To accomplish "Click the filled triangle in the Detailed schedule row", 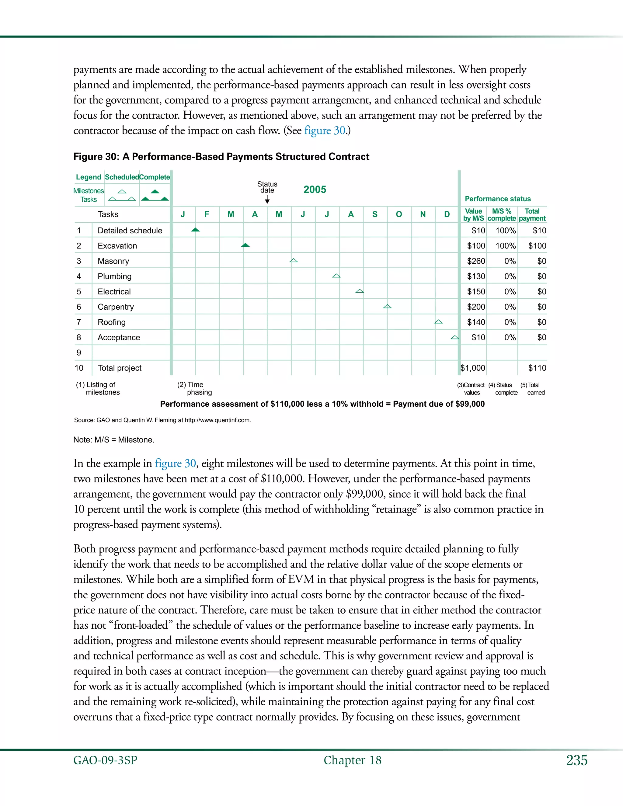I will [x=195, y=230].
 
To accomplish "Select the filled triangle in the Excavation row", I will [x=245, y=245].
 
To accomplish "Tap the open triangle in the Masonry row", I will [x=294, y=261].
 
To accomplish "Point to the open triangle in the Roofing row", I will [x=438, y=322].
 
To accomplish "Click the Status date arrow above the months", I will [x=267, y=200].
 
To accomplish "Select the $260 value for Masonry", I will [x=476, y=261].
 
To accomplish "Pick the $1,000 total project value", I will [x=473, y=368].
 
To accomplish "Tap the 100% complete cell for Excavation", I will [x=505, y=246].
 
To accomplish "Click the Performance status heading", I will [x=497, y=199].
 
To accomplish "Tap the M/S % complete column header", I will [x=502, y=215].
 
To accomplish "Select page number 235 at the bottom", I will [x=577, y=760].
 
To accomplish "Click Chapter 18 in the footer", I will [x=353, y=760].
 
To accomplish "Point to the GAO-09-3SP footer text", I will [x=105, y=760].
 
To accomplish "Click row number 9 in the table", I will [x=78, y=353].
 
